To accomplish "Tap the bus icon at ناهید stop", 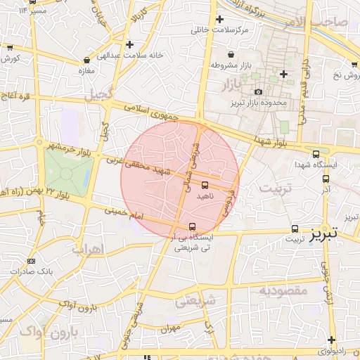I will [205, 185].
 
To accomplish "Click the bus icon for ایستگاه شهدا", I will [315, 154].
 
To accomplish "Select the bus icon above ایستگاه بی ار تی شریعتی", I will [193, 226].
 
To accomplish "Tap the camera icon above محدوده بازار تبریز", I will [258, 92].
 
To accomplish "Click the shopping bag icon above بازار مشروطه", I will [231, 55].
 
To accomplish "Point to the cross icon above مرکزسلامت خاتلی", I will [220, 20].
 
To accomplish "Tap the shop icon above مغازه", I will [86, 60].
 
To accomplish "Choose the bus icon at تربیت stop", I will [295, 229].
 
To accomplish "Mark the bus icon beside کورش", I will [9, 49].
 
